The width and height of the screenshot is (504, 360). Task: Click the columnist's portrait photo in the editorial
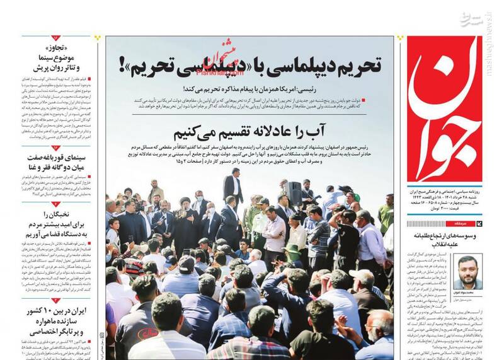pyautogui.click(x=468, y=270)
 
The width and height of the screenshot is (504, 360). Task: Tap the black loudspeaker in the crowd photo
pyautogui.click(x=294, y=192)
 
